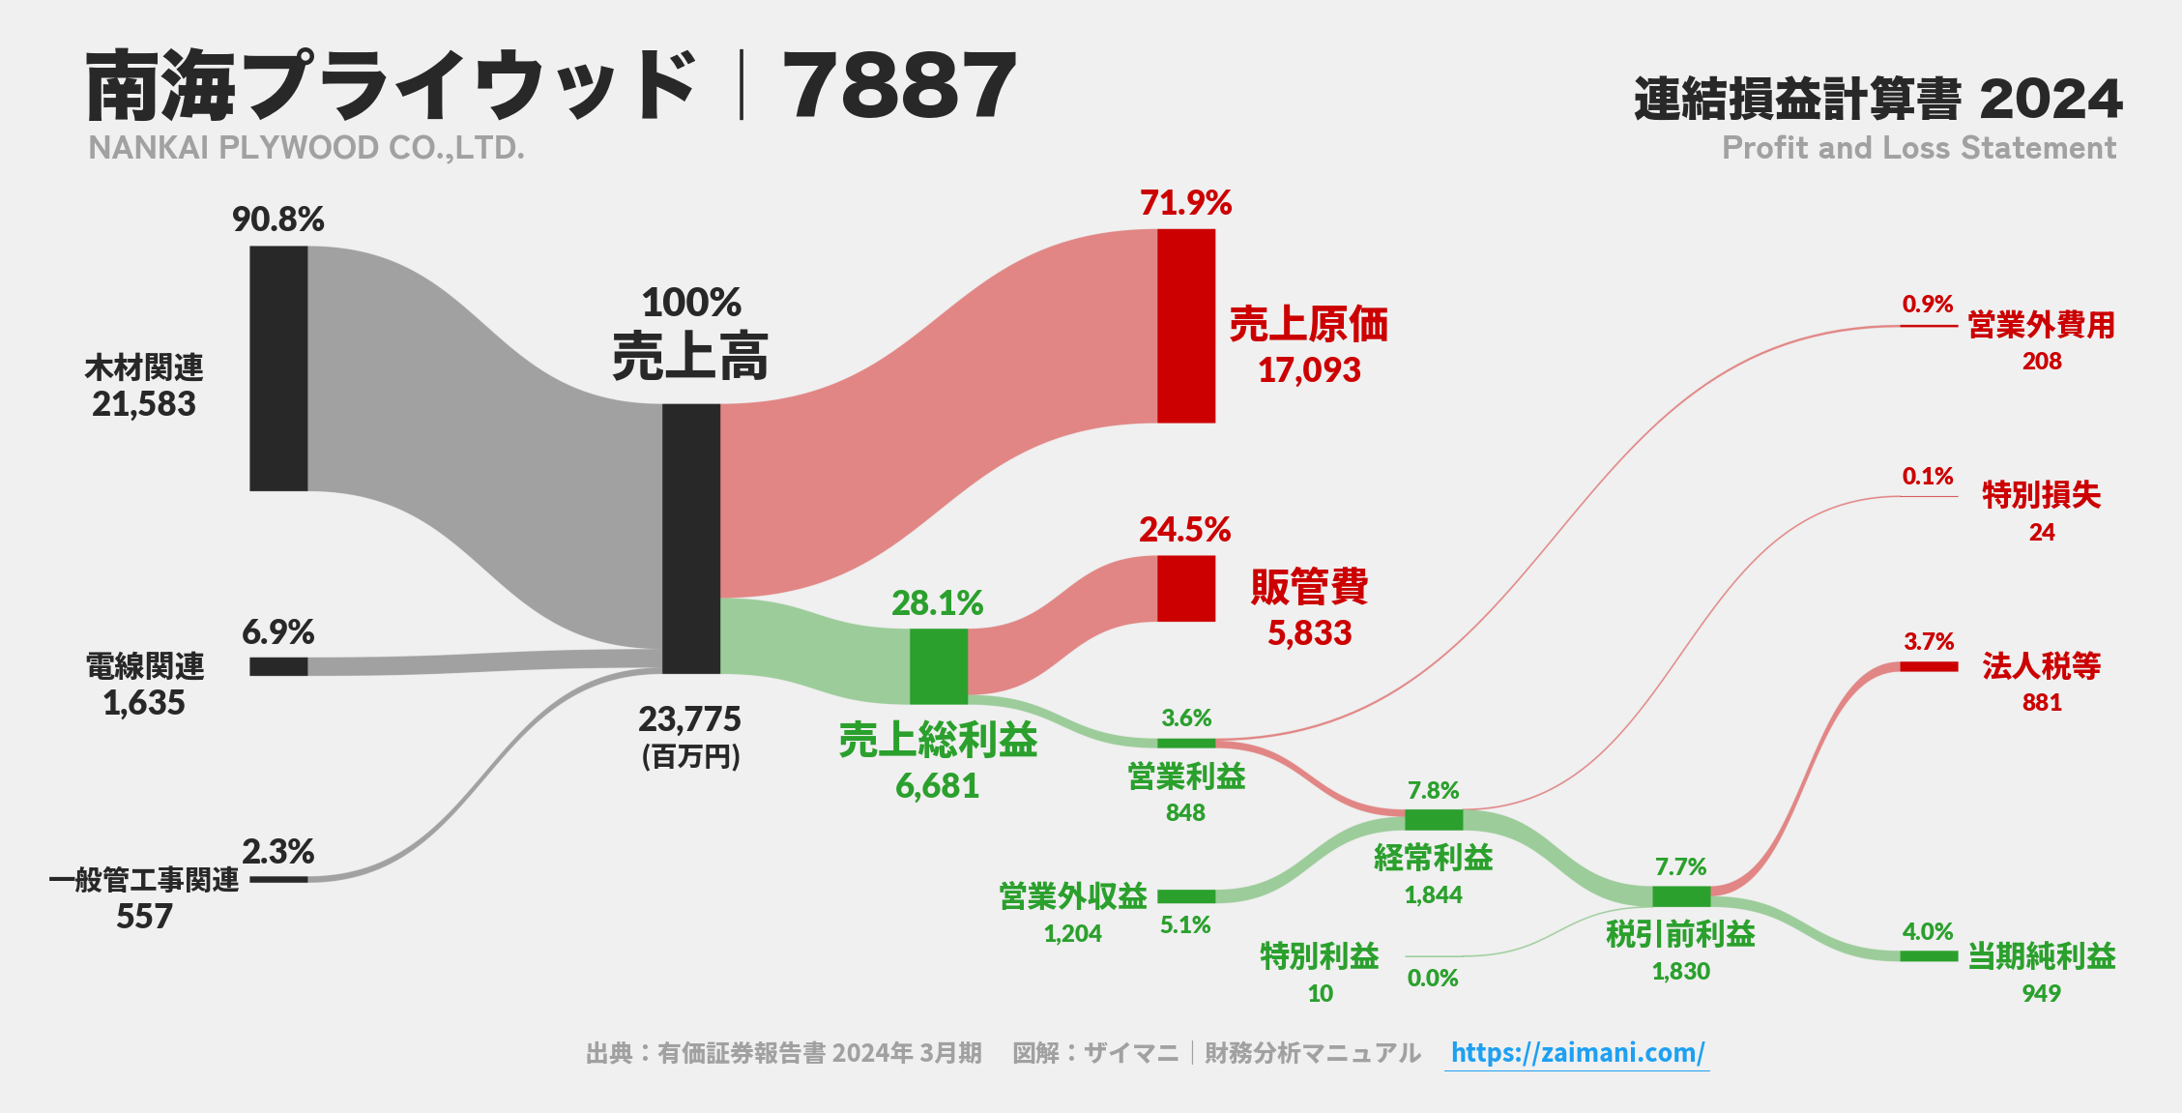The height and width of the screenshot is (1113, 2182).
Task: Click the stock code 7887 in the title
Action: [x=899, y=87]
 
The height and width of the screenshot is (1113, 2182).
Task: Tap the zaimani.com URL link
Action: [x=1577, y=1052]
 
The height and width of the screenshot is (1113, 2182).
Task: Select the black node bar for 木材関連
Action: [x=278, y=368]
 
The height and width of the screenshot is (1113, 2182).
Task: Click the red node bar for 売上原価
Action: [x=1186, y=326]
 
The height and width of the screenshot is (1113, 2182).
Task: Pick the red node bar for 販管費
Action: [x=1186, y=588]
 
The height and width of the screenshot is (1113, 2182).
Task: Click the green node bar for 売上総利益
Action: [x=938, y=666]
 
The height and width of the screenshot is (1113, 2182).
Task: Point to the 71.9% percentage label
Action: [x=1185, y=203]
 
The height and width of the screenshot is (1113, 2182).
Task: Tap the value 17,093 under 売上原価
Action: [x=1309, y=370]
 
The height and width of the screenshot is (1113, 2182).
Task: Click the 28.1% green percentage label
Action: [x=937, y=603]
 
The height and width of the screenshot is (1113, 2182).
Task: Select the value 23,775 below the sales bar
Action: [x=689, y=719]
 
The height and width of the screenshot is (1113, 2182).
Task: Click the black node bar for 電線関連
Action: [x=278, y=666]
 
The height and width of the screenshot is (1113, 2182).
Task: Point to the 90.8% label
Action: [x=277, y=220]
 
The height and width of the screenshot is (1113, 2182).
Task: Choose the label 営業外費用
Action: [x=2041, y=325]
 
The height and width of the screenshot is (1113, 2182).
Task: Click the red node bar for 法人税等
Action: [x=1929, y=666]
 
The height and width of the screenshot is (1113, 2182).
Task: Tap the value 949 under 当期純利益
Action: [x=2041, y=993]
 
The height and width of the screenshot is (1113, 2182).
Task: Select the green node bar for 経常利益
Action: [x=1434, y=820]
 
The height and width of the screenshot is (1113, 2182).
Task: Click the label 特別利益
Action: [x=1320, y=956]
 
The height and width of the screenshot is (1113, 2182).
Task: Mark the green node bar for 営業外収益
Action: [x=1186, y=896]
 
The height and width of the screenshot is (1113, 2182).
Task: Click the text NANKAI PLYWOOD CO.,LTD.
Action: [x=306, y=148]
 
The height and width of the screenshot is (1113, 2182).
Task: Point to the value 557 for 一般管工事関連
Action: [x=144, y=917]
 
